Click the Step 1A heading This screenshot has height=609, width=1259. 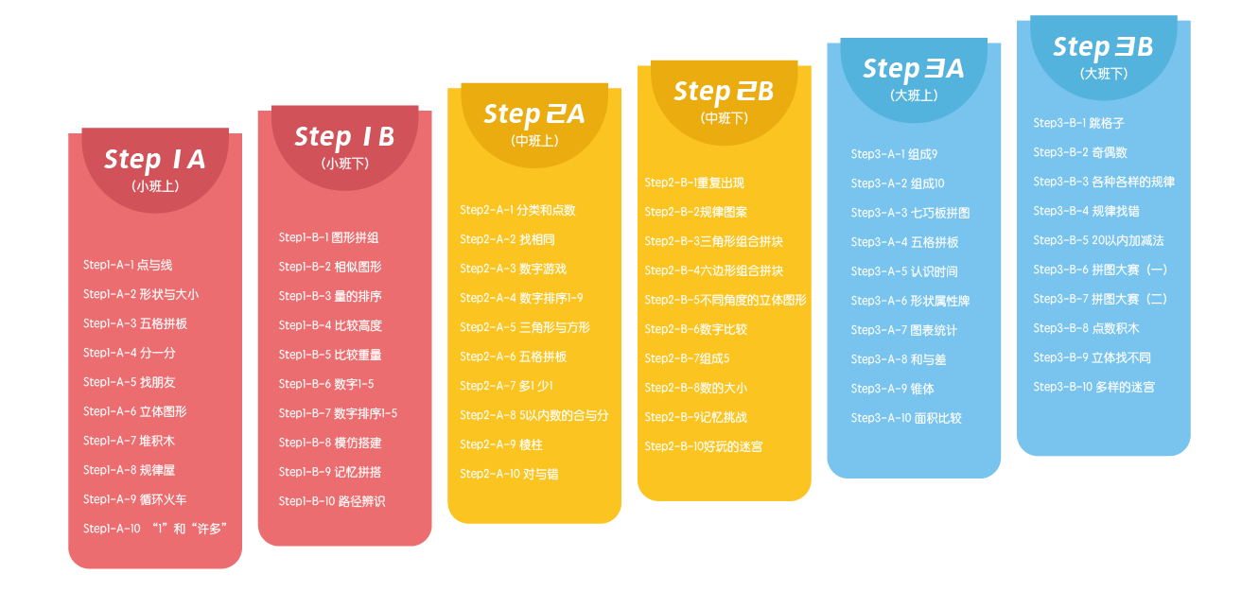154,160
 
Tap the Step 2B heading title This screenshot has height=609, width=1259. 724,92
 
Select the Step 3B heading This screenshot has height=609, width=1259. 1103,46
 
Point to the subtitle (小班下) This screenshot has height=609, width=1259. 345,164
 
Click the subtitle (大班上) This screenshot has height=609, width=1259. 914,96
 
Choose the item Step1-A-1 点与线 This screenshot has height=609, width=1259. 128,265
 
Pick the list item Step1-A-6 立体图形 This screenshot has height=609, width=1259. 135,411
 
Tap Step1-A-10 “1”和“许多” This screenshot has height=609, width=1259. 155,529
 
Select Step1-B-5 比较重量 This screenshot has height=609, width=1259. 330,355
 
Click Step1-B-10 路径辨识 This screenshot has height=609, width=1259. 332,501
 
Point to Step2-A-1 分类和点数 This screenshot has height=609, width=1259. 517,210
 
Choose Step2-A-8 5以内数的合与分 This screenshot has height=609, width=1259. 533,415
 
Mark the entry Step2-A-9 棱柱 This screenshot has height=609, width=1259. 500,444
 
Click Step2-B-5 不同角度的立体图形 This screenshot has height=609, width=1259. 726,300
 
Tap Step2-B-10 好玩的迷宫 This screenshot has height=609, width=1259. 703,446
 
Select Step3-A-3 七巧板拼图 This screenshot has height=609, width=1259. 910,213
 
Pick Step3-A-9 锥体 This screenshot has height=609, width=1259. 893,389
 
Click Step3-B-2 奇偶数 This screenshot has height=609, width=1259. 1080,152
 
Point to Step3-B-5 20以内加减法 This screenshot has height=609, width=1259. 1098,240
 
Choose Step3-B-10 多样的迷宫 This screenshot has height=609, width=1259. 1093,387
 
